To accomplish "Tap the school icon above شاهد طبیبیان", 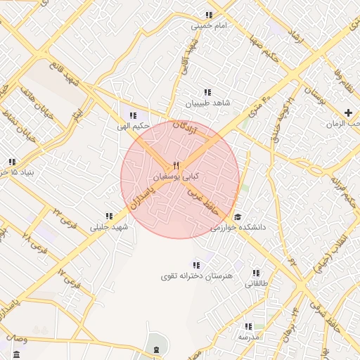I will coord(207,92).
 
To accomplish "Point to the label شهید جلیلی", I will coord(110,227).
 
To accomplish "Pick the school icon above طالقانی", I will coord(256,273).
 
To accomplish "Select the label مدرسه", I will coord(249,337).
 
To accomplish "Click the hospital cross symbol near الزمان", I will coord(349,112).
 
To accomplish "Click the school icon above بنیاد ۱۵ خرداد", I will coord(12,161).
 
